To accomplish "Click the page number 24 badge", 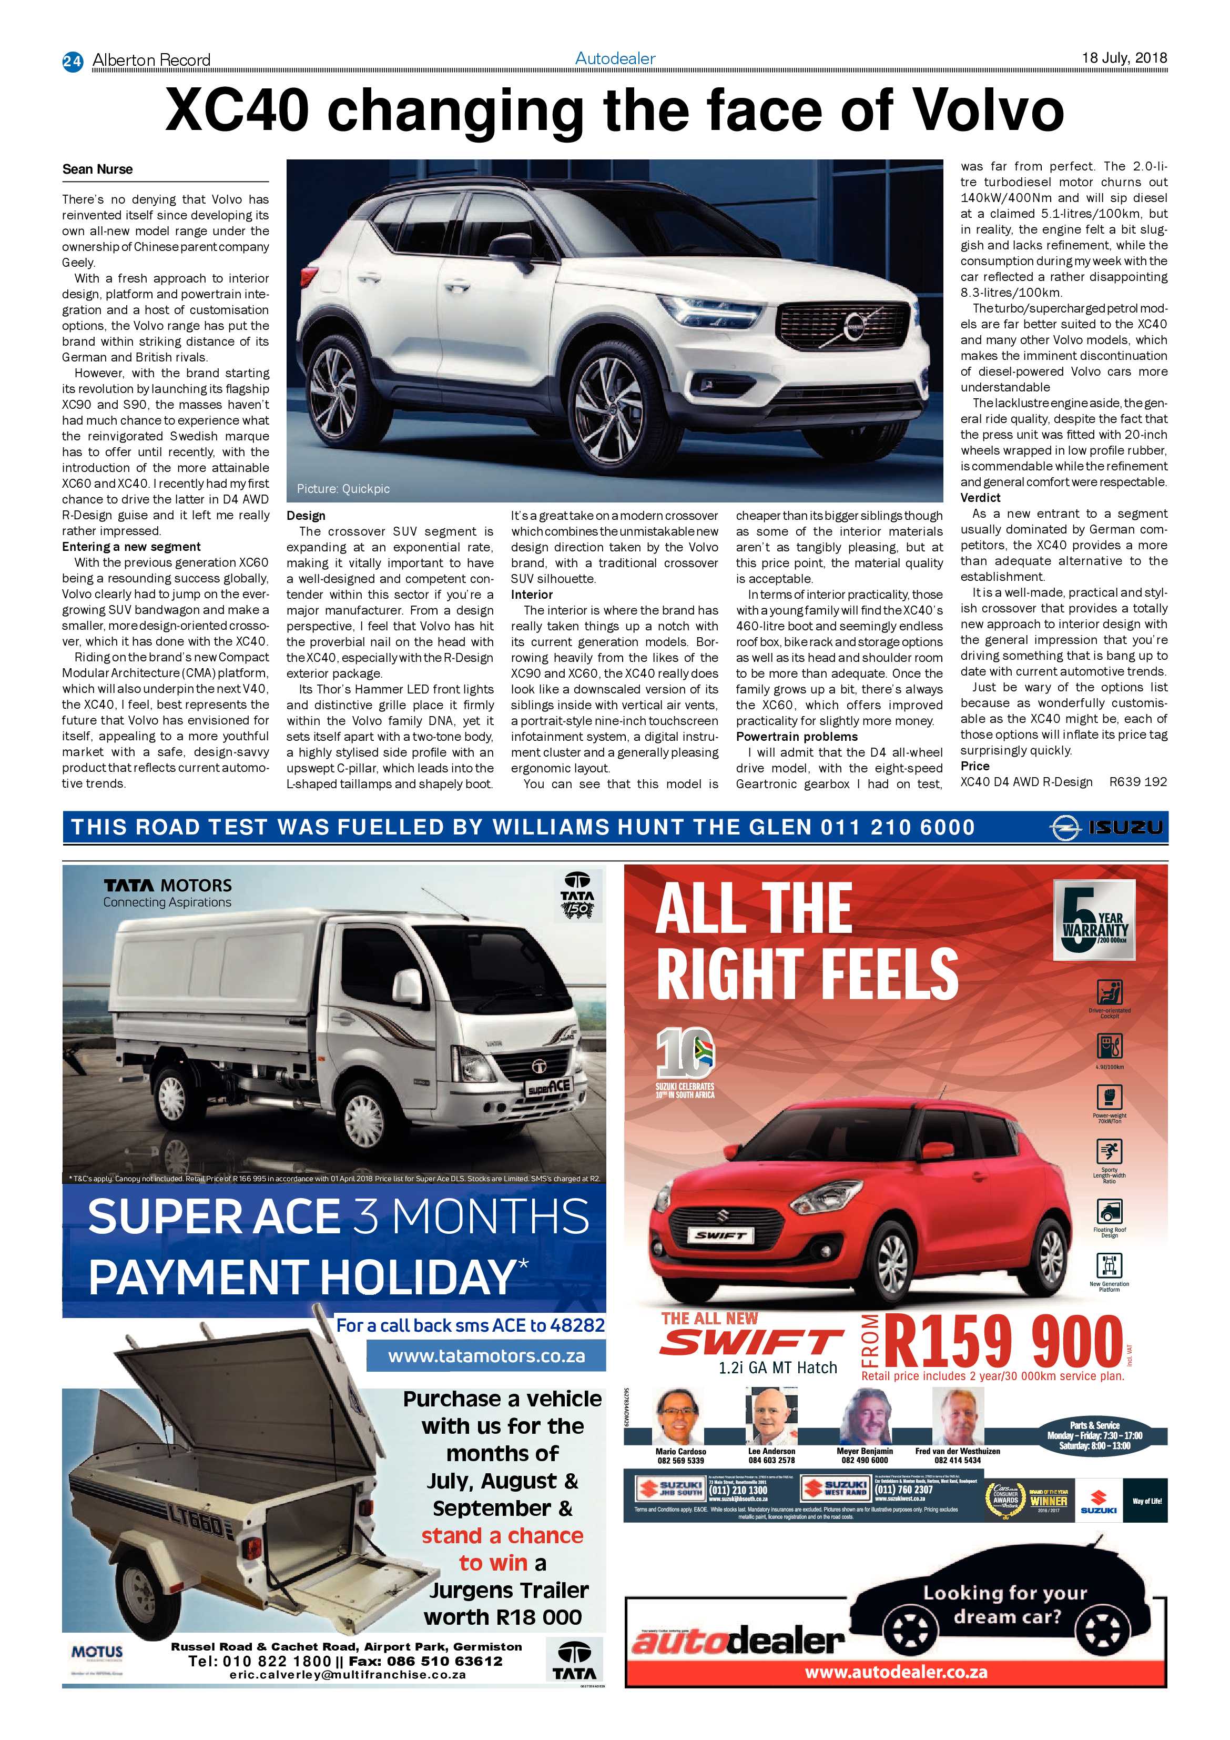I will tap(72, 61).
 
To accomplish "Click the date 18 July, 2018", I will tap(1123, 57).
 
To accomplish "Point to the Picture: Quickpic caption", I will tap(343, 489).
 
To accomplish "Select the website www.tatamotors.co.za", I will tap(486, 1356).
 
